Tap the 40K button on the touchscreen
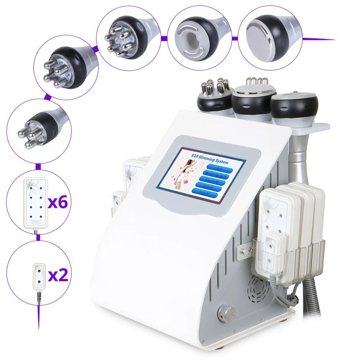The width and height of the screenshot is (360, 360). pos(219,168)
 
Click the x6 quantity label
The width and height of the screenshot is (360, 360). pos(58,202)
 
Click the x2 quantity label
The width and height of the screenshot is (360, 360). pos(58,275)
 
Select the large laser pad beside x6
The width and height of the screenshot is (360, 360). pos(35,202)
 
